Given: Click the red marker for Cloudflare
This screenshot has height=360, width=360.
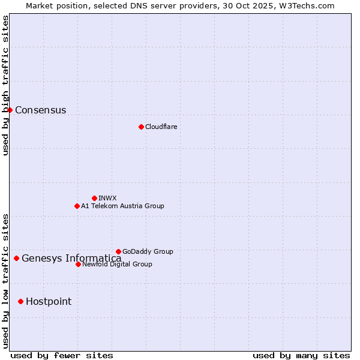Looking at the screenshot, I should click(141, 127).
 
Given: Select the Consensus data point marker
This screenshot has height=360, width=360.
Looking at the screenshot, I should click(10, 110).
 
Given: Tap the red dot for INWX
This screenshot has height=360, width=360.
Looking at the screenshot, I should click(94, 198).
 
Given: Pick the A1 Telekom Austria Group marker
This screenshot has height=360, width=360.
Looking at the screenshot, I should click(77, 206).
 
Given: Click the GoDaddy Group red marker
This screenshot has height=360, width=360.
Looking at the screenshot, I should click(118, 251).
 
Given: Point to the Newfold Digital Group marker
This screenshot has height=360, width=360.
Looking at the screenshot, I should click(78, 264).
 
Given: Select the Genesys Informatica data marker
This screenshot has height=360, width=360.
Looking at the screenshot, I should click(16, 258).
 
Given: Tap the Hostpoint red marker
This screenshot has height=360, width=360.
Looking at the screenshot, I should click(20, 301).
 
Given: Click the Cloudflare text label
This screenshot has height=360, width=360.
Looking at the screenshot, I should click(161, 127).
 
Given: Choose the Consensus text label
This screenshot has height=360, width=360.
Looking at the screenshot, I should click(40, 110).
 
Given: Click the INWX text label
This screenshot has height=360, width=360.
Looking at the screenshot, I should click(107, 198).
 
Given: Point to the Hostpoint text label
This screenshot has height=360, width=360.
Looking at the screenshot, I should click(48, 301).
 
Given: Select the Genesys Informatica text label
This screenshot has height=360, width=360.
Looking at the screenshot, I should click(71, 259).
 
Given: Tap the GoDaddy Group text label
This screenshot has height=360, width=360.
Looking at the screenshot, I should click(148, 251).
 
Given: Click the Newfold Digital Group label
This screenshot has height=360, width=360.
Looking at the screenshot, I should click(117, 264).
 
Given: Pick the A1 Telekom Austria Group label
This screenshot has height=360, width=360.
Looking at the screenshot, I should click(122, 206).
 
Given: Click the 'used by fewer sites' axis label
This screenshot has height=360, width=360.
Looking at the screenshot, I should click(62, 355).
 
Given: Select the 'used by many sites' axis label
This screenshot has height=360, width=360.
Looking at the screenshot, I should click(301, 355).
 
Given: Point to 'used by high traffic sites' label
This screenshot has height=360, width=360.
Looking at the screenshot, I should click(5, 85).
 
